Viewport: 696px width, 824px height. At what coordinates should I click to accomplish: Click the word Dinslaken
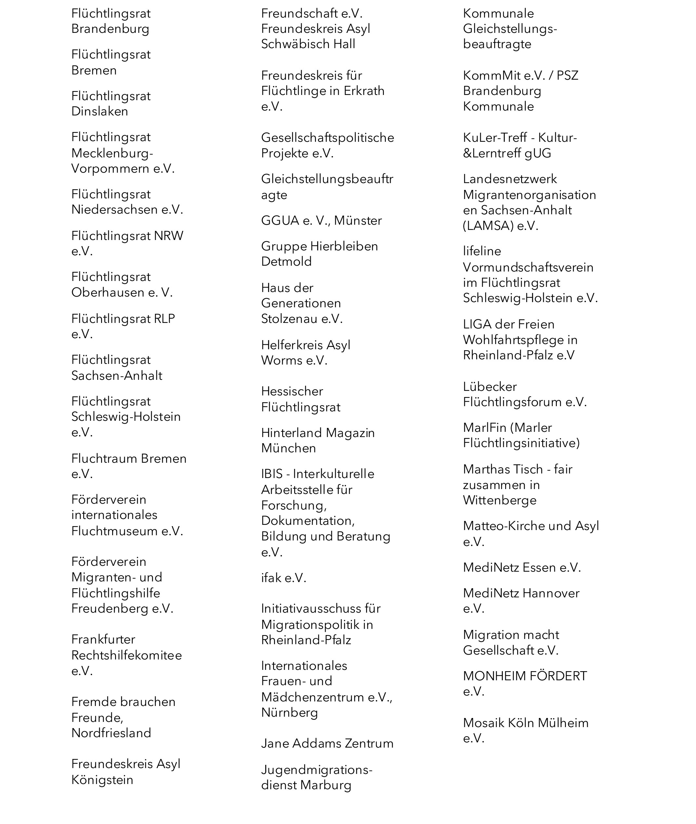click(99, 112)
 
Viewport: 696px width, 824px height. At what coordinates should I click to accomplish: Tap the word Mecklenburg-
click(112, 153)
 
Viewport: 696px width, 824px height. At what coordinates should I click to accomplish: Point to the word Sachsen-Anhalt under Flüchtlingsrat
click(117, 376)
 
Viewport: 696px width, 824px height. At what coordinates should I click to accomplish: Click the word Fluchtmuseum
click(114, 531)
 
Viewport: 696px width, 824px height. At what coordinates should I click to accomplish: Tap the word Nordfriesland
click(111, 733)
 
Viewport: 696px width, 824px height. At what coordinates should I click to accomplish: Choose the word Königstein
click(102, 780)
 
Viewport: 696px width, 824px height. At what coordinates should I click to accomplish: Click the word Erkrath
click(364, 91)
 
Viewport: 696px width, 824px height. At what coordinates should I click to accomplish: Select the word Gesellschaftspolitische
click(327, 138)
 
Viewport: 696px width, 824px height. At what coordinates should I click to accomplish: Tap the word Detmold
click(286, 262)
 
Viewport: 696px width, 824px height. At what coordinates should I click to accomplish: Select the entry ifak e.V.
click(284, 578)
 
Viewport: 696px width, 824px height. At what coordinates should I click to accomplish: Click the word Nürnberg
click(289, 713)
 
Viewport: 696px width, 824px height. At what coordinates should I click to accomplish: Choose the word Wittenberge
click(500, 500)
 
